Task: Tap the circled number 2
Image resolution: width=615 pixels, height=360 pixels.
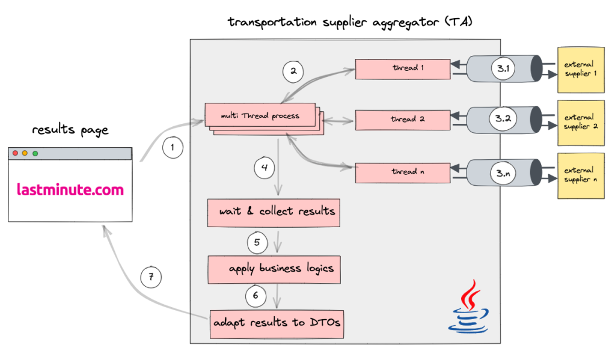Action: (x=293, y=72)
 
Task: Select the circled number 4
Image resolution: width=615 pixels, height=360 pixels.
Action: (x=264, y=167)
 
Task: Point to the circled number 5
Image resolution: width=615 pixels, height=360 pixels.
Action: (x=257, y=242)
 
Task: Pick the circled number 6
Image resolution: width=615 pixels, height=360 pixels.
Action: (x=255, y=295)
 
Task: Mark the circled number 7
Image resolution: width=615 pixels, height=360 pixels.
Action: (x=151, y=277)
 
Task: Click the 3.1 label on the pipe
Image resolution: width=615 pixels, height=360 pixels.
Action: (x=503, y=69)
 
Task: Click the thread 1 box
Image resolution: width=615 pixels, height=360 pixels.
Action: (x=403, y=69)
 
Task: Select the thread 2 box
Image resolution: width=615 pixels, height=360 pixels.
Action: (x=403, y=120)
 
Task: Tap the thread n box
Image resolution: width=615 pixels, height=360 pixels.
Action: (x=403, y=172)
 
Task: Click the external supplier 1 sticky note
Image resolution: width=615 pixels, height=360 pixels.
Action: (x=581, y=70)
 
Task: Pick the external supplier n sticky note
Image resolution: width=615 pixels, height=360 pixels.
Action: (x=581, y=175)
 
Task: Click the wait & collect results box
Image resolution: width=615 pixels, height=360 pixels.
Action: (x=274, y=212)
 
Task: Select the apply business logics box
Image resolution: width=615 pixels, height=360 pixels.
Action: (x=274, y=269)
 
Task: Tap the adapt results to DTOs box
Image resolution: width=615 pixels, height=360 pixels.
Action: (x=277, y=323)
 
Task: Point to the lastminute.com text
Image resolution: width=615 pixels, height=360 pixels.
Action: (x=70, y=190)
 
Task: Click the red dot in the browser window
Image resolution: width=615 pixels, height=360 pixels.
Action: (x=16, y=153)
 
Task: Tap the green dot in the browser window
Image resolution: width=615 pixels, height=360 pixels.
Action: (x=35, y=153)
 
